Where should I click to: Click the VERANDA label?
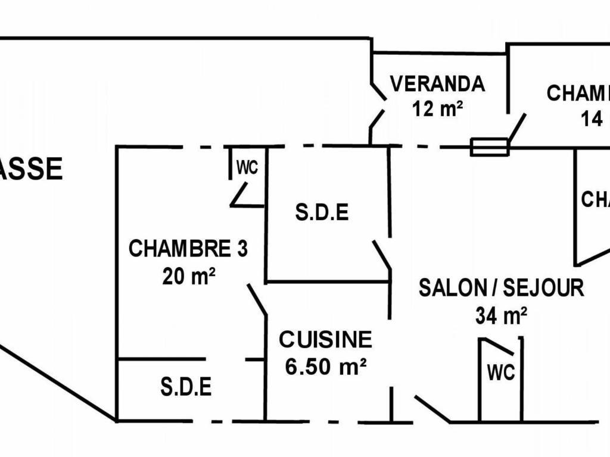[x=437, y=84]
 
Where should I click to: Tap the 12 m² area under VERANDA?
[x=437, y=108]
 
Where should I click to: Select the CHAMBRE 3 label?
[x=188, y=249]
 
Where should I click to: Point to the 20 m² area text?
[x=188, y=276]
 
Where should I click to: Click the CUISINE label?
[x=325, y=340]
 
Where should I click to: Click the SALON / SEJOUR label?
[x=501, y=288]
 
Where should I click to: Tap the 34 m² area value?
[x=501, y=316]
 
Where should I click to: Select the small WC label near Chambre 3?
[x=247, y=168]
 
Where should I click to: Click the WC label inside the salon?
[x=500, y=373]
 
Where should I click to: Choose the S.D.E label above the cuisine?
[x=322, y=212]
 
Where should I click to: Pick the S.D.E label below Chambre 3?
[x=186, y=387]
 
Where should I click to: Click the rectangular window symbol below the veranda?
[x=490, y=147]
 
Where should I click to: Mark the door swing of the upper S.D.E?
[x=382, y=255]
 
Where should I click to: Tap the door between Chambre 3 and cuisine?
[x=257, y=299]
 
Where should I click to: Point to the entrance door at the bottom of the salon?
[x=432, y=409]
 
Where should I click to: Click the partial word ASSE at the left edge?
[x=31, y=170]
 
